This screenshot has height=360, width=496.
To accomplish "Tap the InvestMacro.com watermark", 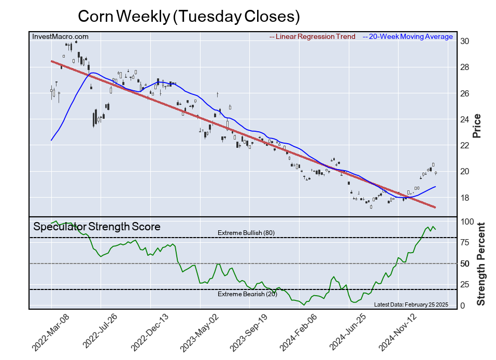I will click(x=60, y=36).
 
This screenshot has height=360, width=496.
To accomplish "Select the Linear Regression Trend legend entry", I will click(x=313, y=37).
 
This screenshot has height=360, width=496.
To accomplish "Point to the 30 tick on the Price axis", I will click(x=465, y=41).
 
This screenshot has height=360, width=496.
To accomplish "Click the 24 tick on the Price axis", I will click(x=465, y=120).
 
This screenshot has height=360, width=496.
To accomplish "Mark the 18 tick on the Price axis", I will click(x=465, y=198).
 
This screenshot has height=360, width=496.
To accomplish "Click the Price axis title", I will click(x=477, y=126).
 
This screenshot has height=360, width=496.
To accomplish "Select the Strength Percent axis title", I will click(x=480, y=264).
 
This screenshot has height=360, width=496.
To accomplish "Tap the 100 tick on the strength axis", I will click(x=467, y=221).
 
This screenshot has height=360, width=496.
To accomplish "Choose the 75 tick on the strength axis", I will click(x=465, y=242).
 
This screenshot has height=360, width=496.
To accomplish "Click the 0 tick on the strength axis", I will click(x=463, y=306).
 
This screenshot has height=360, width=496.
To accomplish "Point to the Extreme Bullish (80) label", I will click(x=246, y=233).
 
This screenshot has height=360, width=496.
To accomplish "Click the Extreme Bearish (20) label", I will click(x=247, y=294).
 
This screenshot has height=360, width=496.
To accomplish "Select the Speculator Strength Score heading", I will click(x=97, y=227).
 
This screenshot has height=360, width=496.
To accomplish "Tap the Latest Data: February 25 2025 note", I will click(x=410, y=304).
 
